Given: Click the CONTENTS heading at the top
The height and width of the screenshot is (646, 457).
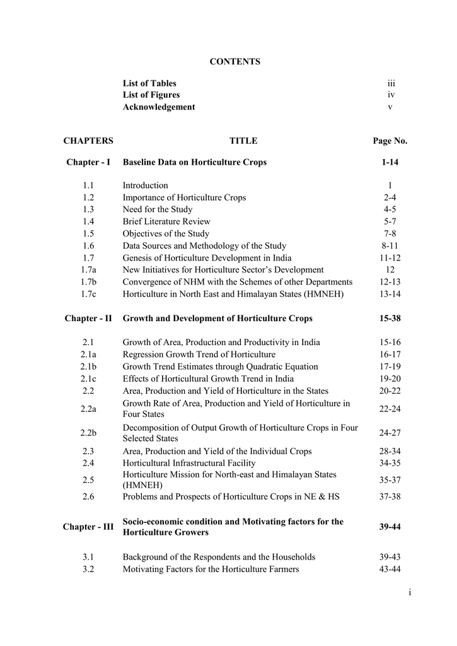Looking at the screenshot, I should pyautogui.click(x=234, y=62).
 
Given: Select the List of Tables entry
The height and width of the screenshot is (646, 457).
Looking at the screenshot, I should pyautogui.click(x=149, y=83).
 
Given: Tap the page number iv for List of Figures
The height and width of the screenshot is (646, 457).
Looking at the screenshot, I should pyautogui.click(x=391, y=95).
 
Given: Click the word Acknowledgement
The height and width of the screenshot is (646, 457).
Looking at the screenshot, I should pyautogui.click(x=159, y=107).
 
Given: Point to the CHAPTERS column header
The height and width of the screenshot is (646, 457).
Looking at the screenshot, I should pyautogui.click(x=88, y=141).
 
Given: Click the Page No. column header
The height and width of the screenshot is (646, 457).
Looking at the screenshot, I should pyautogui.click(x=390, y=141).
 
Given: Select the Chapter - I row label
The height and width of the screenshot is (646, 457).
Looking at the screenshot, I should pyautogui.click(x=88, y=163).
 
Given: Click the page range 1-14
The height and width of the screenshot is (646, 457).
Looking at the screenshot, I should pyautogui.click(x=390, y=163).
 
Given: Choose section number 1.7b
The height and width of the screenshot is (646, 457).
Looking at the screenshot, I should pyautogui.click(x=88, y=282).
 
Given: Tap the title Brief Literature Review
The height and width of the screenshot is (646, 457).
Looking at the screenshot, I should pyautogui.click(x=166, y=222).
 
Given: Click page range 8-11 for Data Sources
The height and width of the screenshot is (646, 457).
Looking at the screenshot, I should pyautogui.click(x=390, y=246).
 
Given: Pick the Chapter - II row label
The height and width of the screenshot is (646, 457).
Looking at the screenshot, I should pyautogui.click(x=88, y=319).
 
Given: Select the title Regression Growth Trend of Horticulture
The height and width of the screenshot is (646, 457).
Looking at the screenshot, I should pyautogui.click(x=199, y=355).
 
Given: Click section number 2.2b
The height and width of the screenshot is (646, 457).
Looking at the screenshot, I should pyautogui.click(x=88, y=433).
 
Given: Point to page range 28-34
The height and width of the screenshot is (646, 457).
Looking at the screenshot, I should pyautogui.click(x=390, y=452).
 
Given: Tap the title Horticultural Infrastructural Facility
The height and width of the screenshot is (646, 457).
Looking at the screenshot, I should pyautogui.click(x=189, y=464).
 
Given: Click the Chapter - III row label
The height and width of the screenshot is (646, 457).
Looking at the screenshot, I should pyautogui.click(x=88, y=527).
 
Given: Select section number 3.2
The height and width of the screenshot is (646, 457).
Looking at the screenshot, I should pyautogui.click(x=88, y=570).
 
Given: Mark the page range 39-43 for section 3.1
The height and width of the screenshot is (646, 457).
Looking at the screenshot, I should pyautogui.click(x=390, y=558).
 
